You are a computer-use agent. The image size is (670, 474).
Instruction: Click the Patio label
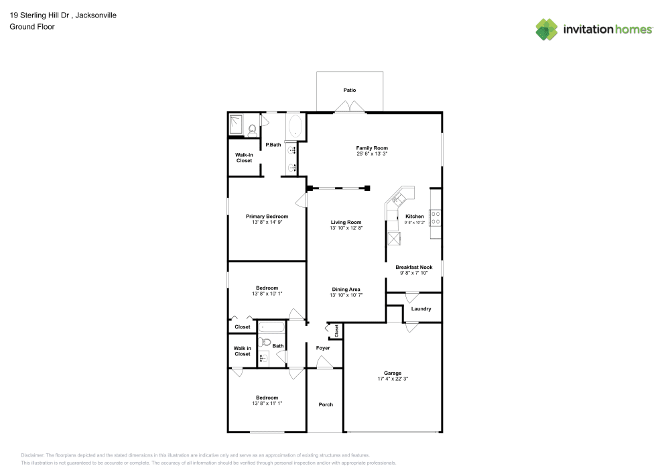tap(350, 90)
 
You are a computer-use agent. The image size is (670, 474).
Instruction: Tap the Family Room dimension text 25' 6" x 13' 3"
tap(372, 154)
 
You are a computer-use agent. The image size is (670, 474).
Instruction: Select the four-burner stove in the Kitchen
tap(434, 217)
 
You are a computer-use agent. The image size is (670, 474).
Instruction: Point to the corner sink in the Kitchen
tap(399, 198)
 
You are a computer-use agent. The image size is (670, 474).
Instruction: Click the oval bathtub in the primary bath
tap(295, 127)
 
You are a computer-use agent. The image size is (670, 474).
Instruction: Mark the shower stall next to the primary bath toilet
tap(237, 125)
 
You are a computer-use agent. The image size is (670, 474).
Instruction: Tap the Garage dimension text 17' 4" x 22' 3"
tap(392, 379)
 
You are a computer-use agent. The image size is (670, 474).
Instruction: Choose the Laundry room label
tap(421, 309)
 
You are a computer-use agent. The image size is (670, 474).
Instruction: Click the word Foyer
tap(323, 348)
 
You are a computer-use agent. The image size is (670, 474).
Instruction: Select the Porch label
tap(326, 404)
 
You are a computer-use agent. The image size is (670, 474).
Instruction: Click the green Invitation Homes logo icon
tap(546, 28)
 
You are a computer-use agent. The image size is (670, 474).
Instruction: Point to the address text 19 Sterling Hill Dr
tap(40, 15)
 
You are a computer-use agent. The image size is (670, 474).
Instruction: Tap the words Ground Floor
tap(31, 27)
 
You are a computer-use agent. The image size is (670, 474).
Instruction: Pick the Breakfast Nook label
tap(413, 267)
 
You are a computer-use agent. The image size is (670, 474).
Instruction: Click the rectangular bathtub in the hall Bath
tap(272, 328)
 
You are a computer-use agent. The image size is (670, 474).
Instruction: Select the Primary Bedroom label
tap(267, 217)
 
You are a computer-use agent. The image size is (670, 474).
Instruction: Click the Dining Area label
tap(346, 289)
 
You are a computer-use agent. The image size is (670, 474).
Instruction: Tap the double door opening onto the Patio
tap(350, 108)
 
